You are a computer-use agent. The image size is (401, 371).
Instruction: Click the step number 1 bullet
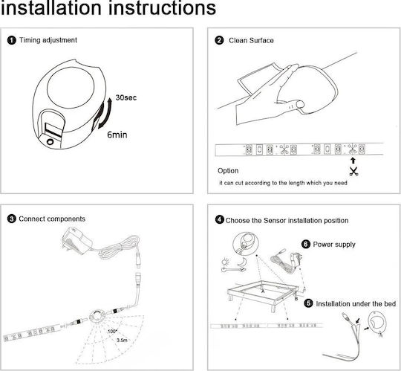point(11,40)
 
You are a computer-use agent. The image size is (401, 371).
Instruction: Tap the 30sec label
point(126,97)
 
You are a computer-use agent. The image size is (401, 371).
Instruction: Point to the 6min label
point(117,135)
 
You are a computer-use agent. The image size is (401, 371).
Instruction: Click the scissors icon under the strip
point(353,171)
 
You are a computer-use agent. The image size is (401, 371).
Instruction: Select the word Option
point(228,171)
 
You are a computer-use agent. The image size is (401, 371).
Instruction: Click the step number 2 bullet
point(219,40)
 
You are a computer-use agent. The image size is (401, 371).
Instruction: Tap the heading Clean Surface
point(251,40)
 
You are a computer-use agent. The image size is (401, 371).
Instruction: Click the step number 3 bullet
point(11,219)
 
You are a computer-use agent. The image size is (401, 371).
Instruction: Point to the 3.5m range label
point(122,341)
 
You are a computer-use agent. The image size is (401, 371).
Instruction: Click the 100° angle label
point(112,332)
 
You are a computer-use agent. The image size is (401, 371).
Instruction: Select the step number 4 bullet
point(219,219)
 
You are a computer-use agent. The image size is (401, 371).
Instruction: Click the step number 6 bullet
point(306,244)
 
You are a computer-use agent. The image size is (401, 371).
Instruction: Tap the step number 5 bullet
point(308,303)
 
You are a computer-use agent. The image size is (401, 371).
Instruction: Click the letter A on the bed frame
point(263,291)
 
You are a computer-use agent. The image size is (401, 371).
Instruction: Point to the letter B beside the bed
point(296,299)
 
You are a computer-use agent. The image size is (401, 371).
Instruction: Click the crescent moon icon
point(241,262)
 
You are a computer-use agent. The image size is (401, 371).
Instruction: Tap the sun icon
point(226,262)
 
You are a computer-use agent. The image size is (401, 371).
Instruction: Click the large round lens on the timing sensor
point(71,85)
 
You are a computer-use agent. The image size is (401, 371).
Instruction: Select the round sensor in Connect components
point(97,316)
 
